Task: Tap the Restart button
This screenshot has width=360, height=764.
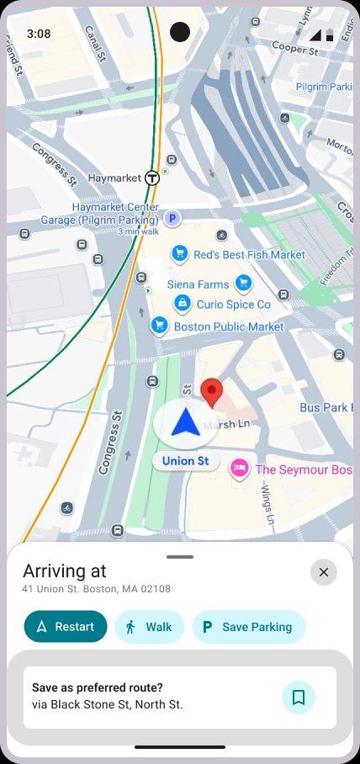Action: (x=66, y=626)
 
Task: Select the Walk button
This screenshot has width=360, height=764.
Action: (x=149, y=626)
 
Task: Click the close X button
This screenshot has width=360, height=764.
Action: (x=324, y=573)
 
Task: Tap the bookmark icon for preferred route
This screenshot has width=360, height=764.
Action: (x=298, y=698)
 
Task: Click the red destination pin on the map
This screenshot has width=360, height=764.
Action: (x=213, y=393)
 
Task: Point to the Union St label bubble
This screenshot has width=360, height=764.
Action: (x=185, y=461)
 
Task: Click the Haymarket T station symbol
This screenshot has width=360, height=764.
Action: (x=152, y=178)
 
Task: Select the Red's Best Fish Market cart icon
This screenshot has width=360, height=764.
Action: (x=179, y=253)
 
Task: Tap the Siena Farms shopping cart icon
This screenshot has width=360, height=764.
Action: (x=243, y=283)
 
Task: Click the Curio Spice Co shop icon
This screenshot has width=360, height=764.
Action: (x=181, y=304)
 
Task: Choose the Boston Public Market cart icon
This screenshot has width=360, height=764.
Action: (x=158, y=325)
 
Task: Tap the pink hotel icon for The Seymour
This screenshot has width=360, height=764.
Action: (x=240, y=468)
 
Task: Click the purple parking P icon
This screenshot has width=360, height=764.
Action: (x=172, y=219)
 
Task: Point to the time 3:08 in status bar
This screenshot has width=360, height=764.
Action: (x=39, y=34)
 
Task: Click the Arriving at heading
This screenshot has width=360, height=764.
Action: (x=64, y=571)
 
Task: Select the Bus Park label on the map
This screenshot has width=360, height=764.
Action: (x=325, y=408)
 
